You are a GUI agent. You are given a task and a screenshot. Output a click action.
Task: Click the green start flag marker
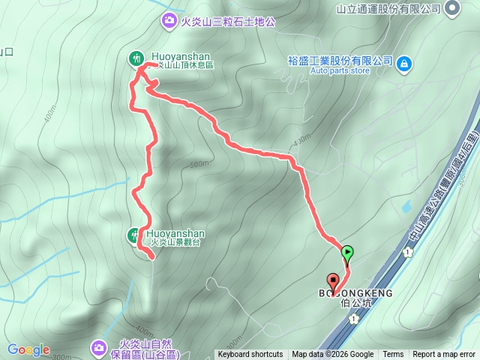[348, 253]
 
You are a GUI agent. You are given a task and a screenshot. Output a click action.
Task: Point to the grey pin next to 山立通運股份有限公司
[452, 9]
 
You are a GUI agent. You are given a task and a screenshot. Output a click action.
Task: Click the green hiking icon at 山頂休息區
[136, 57]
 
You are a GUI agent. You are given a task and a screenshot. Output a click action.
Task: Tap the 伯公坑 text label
[356, 304]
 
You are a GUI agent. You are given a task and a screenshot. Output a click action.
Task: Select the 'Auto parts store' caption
[319, 70]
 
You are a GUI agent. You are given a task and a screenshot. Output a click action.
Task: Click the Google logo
[28, 349]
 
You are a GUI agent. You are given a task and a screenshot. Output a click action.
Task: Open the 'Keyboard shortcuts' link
[250, 355]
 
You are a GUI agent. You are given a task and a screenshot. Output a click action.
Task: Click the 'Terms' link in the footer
[393, 355]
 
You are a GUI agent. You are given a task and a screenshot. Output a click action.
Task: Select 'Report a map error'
[444, 355]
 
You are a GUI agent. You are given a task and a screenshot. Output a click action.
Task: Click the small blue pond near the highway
[406, 205]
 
